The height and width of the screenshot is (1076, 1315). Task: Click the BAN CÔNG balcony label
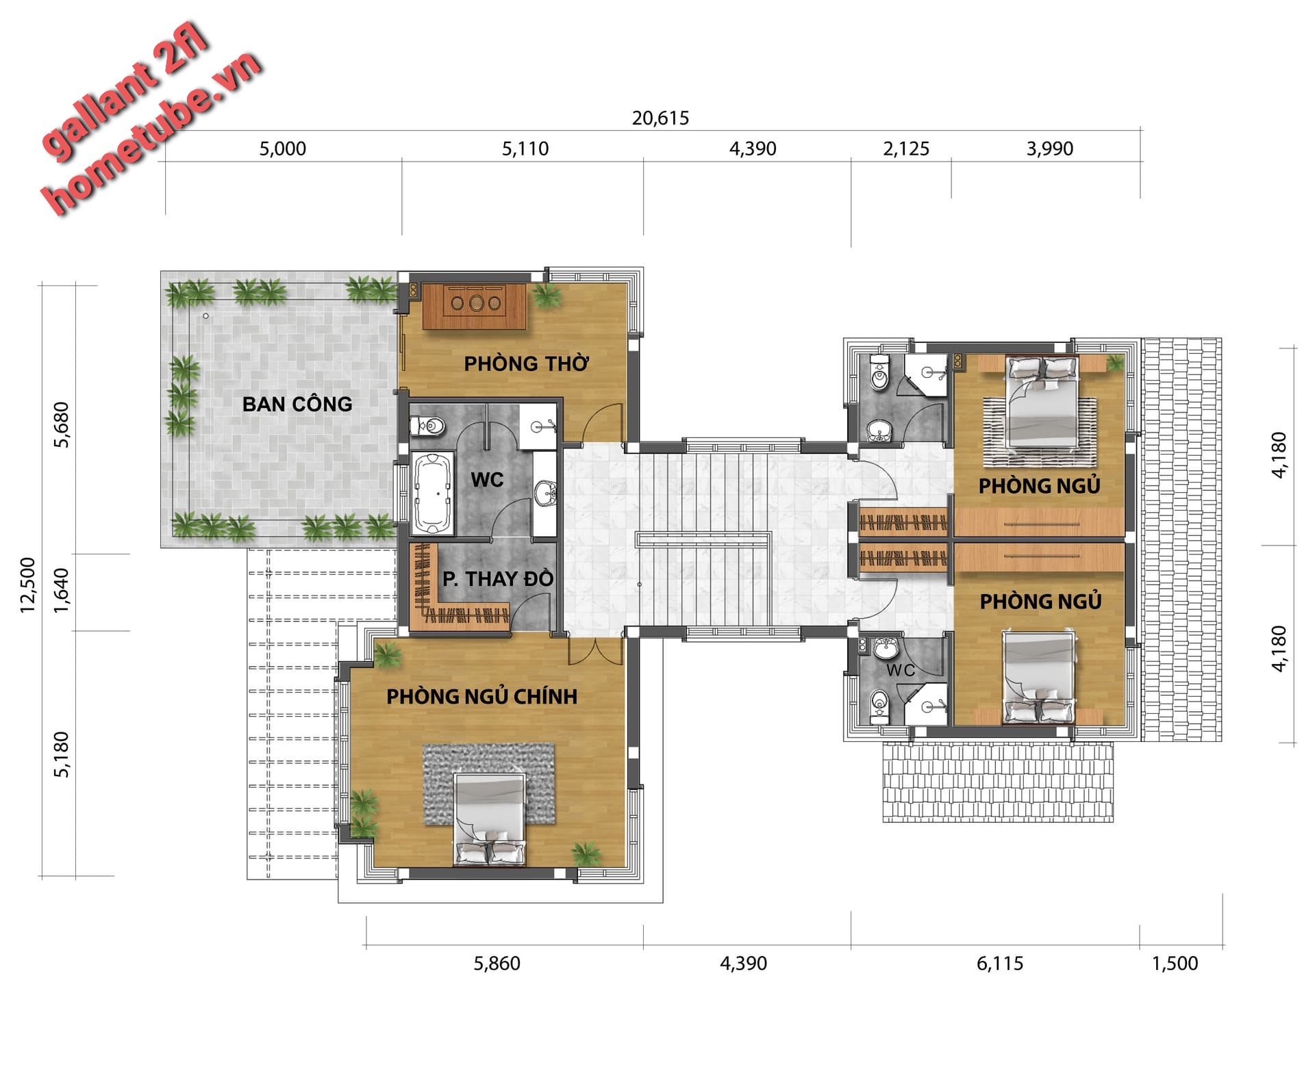297,404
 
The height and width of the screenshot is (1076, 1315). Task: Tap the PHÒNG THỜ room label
526,363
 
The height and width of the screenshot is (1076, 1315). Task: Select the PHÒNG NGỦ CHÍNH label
482,696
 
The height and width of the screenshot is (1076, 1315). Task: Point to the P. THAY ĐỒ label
498,578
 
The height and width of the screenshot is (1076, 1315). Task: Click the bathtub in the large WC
432,492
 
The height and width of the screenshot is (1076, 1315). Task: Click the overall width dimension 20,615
660,118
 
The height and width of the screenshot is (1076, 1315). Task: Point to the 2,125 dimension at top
906,149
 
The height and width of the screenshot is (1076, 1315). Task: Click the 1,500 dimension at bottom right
1175,963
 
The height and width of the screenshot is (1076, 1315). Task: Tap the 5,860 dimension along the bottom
497,963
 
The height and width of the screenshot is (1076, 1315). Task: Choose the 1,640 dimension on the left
61,590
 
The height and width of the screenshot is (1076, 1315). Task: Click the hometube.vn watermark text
152,132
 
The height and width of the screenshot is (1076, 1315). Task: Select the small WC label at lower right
901,670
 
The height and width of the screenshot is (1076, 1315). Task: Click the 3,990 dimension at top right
1049,149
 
